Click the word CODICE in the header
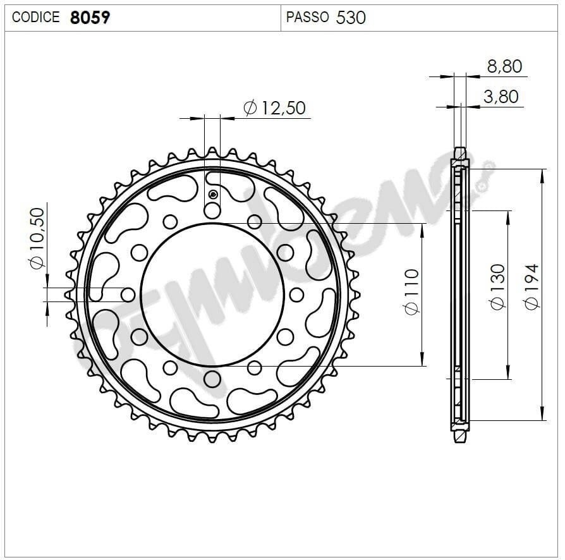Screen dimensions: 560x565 click(x=36, y=17)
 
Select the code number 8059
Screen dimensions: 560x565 click(x=89, y=17)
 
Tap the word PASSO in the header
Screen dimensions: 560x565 click(x=307, y=17)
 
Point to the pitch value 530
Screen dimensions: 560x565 click(x=351, y=17)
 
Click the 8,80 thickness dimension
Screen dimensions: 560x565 click(x=504, y=66)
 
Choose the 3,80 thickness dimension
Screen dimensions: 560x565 click(x=500, y=96)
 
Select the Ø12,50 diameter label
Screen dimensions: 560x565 click(x=274, y=108)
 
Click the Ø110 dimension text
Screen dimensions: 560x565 click(x=411, y=292)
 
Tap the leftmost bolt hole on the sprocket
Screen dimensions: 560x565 click(x=128, y=295)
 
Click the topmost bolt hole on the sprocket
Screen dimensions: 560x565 click(x=212, y=210)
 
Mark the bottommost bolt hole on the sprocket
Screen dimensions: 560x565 click(x=212, y=379)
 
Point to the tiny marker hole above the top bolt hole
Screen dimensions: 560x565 click(x=213, y=193)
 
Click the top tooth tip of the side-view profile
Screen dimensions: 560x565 click(x=461, y=150)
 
